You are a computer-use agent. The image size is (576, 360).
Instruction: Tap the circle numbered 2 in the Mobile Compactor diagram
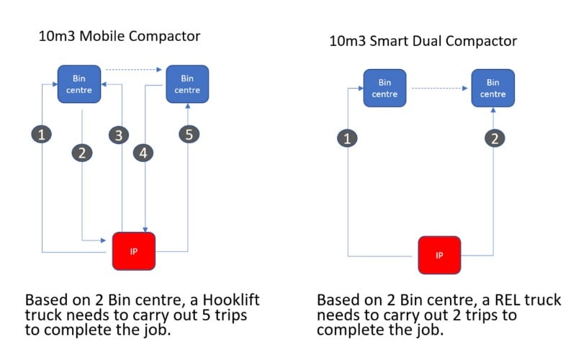tap(82, 153)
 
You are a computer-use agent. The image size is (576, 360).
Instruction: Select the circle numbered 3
tap(120, 135)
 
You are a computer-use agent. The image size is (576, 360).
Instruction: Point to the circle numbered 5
tap(188, 135)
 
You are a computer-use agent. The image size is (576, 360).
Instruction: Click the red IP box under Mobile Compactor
tap(134, 251)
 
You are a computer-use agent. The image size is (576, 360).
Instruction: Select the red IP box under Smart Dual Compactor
tap(441, 256)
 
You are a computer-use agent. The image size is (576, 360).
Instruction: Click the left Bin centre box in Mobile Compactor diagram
tap(78, 84)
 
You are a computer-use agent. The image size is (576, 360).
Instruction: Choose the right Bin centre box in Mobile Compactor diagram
tap(187, 84)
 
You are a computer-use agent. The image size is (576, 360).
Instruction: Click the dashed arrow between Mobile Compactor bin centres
tap(133, 70)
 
